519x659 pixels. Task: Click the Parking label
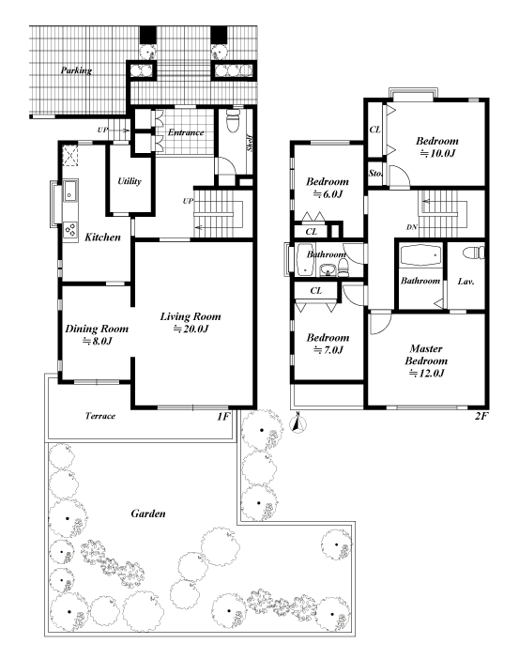coord(76,70)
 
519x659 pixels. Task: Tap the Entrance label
coord(186,132)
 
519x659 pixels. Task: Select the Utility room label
coord(129,181)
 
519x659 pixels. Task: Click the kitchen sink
coord(69,192)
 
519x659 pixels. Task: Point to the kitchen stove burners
coord(70,230)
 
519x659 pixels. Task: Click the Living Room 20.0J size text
coord(191,329)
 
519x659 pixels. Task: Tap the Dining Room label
coord(97,329)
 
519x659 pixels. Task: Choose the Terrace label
coord(100,416)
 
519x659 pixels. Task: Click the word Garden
coord(148,513)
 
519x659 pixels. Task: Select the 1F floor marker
coord(223,417)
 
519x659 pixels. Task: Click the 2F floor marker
coord(481,416)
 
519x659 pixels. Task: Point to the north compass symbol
coord(298,423)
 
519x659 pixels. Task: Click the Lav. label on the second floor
coord(466,282)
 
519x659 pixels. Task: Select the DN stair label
coord(412,227)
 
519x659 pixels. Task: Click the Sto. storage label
coord(374,173)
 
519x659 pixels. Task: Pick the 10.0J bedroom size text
coord(437,153)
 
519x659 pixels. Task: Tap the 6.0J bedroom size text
coord(328,194)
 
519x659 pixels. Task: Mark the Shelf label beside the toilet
coord(250,143)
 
